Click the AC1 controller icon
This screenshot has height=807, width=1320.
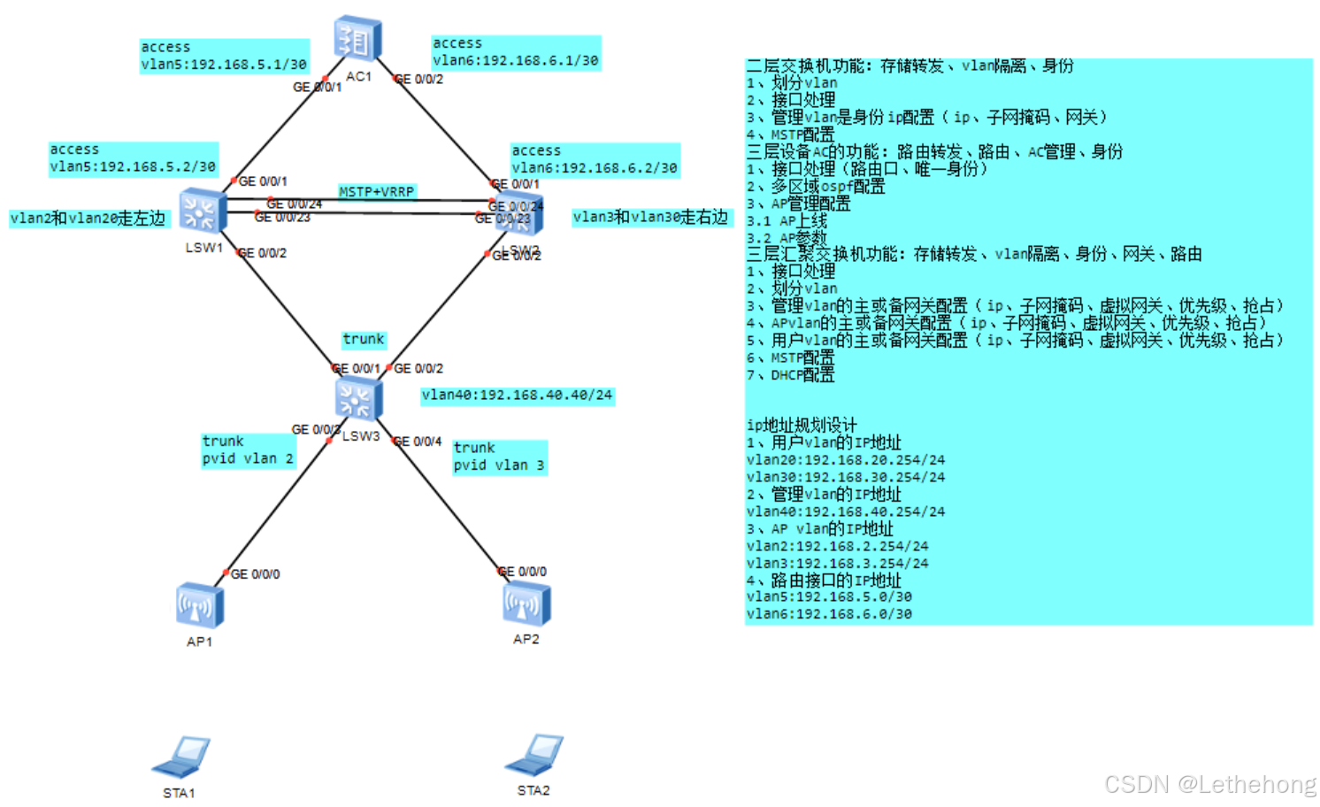357,39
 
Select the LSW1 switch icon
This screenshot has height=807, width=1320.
203,211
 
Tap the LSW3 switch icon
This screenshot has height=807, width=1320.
358,398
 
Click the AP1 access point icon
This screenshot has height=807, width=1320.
199,605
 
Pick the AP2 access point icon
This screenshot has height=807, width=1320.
526,603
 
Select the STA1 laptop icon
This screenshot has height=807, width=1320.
182,757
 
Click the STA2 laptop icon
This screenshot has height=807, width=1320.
534,755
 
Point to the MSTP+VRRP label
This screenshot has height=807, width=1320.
377,191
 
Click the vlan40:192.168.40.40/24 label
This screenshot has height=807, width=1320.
517,395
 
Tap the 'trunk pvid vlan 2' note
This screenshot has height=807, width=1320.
248,450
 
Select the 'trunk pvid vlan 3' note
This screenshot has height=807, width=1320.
499,457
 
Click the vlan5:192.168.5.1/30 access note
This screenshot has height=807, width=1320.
224,56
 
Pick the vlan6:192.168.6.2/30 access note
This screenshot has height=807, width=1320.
595,159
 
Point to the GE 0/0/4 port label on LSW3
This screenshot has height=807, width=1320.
418,442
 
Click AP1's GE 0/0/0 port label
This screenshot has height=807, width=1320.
255,574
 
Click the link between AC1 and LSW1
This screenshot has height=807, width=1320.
281,127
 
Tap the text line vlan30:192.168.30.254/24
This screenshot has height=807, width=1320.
845,477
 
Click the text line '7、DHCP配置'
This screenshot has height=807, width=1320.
790,375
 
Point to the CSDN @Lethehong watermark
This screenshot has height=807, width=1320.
1209,785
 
